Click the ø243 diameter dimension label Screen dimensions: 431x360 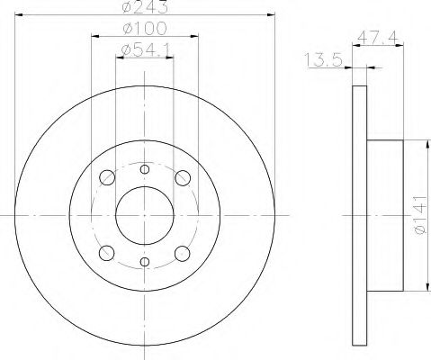click(x=145, y=7)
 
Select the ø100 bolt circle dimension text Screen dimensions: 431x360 click(x=145, y=29)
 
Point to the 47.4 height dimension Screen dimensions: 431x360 click(x=378, y=38)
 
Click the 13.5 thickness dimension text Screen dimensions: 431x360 click(x=323, y=59)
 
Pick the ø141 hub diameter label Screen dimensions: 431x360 click(x=419, y=215)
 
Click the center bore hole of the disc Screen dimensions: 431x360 click(x=145, y=215)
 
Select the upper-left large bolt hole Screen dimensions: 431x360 click(x=107, y=177)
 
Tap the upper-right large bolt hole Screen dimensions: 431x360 click(x=183, y=178)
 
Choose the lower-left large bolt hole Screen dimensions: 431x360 click(x=107, y=254)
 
